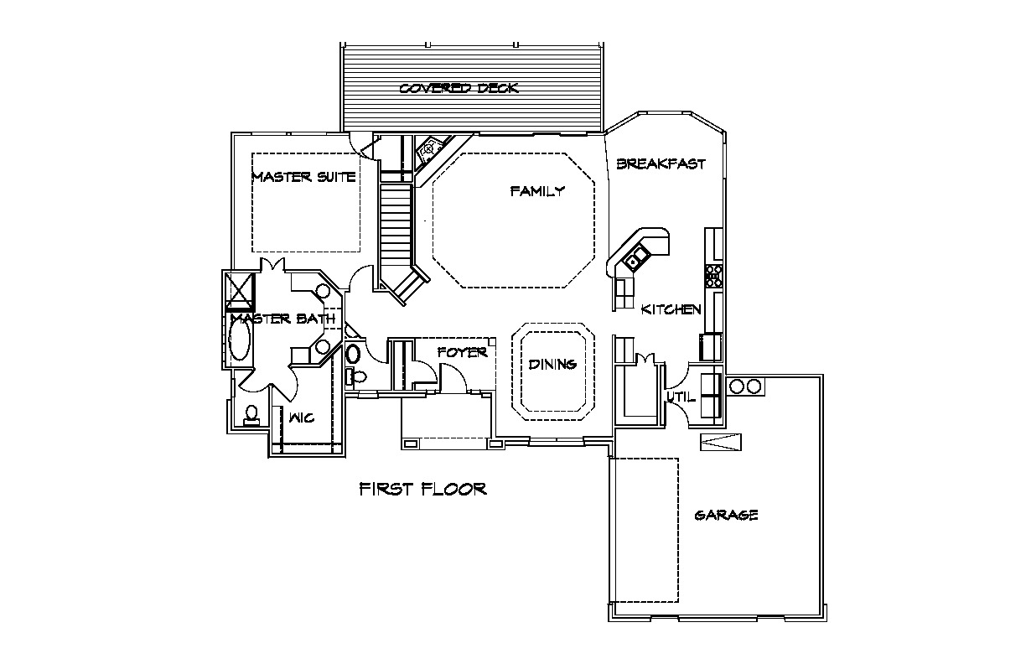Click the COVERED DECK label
click(459, 88)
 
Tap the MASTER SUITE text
click(303, 177)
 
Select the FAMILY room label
click(537, 191)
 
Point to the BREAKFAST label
click(661, 164)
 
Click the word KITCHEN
click(671, 309)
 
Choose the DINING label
click(552, 364)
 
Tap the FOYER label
click(462, 353)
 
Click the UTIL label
click(680, 397)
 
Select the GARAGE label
click(726, 515)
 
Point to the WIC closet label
click(302, 417)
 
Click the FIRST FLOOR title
click(422, 489)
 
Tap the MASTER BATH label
click(282, 319)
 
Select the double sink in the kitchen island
click(635, 257)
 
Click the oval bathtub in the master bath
click(240, 343)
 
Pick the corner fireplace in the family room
click(430, 148)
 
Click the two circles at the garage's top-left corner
click(744, 386)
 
